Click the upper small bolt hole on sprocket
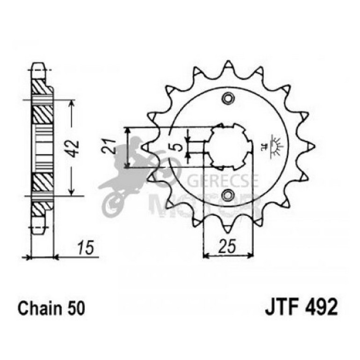click(229, 99)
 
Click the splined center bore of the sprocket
click(229, 146)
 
